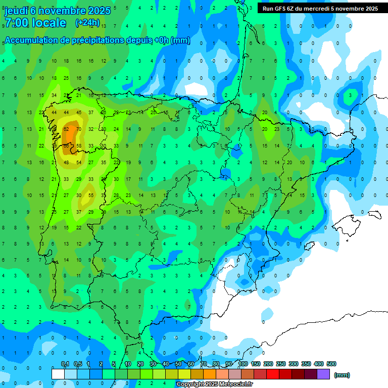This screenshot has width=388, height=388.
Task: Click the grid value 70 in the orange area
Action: pos(79,129)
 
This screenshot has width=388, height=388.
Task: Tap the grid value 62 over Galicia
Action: pos(66,129)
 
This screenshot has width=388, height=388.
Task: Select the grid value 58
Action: pos(79,145)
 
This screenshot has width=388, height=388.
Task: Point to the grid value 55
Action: pos(91,195)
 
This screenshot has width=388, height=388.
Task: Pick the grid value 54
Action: pos(79,162)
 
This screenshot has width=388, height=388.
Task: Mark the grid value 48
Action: pos(66,162)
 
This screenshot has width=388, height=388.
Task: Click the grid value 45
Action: pos(79,112)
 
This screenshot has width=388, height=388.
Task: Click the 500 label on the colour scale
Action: pos(331,364)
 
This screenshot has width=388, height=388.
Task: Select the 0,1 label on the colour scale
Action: pos(65,364)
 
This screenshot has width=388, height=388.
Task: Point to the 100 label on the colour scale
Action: pos(243,364)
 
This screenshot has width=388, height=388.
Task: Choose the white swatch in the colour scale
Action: pos(58,374)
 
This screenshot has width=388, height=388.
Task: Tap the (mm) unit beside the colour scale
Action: pos(342,375)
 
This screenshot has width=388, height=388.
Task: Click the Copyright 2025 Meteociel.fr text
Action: pos(214,384)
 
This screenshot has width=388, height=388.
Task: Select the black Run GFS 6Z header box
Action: pos(320,9)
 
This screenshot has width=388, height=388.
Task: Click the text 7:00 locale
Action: pos(35,23)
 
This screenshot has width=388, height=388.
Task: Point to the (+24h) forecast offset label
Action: pos(87,22)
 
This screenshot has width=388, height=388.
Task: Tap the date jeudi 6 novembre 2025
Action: pos(57,11)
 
